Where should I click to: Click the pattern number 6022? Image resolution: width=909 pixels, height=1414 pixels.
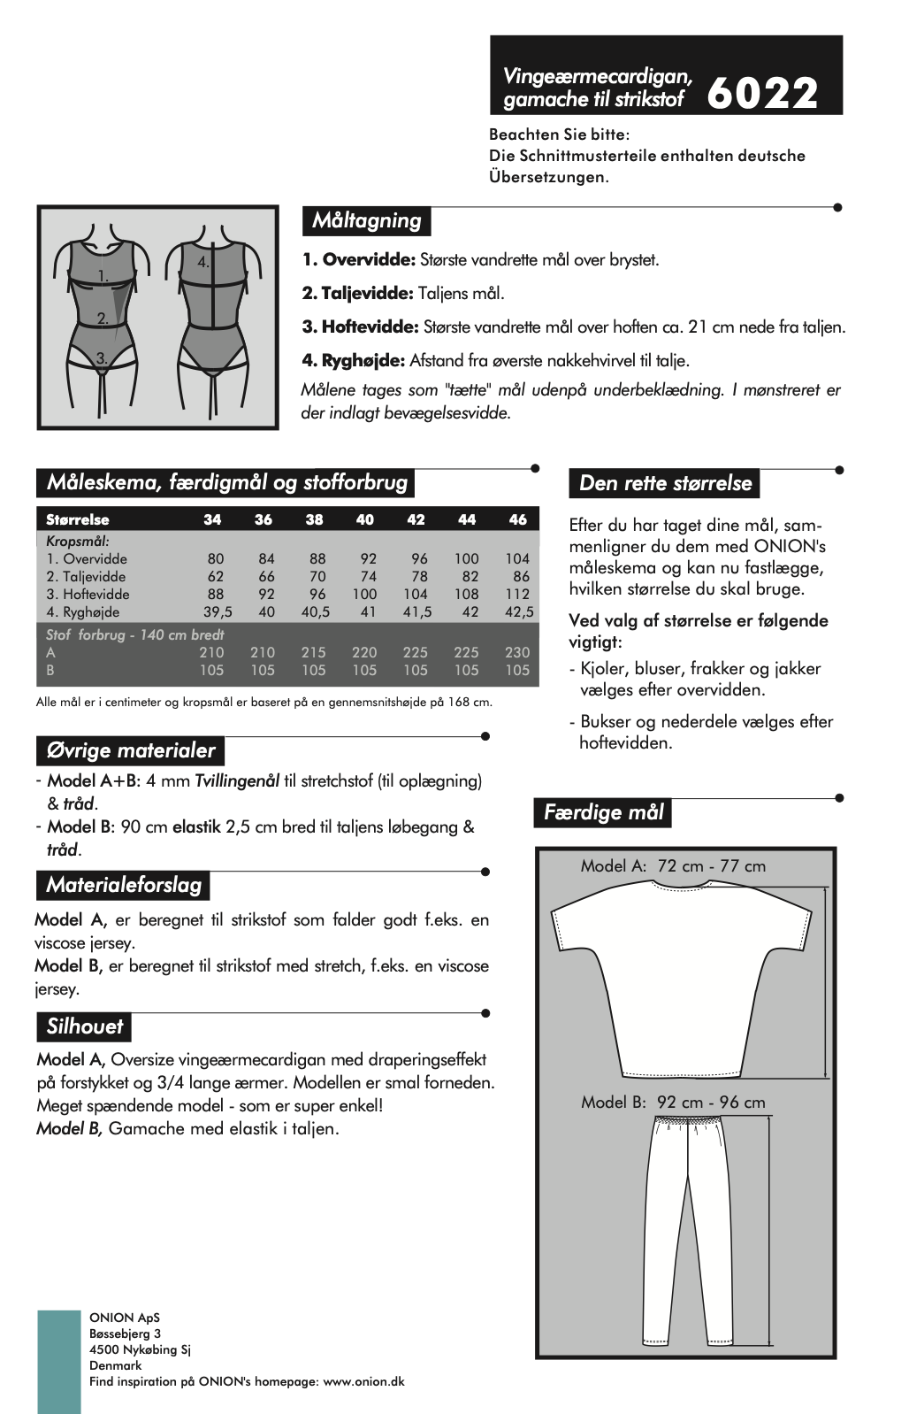pos(763,92)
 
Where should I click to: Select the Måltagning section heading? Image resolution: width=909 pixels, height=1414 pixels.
pos(366,220)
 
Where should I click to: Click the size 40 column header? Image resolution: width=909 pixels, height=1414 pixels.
pos(365,519)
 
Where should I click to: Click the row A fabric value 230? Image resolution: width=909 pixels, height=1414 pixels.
pos(517,652)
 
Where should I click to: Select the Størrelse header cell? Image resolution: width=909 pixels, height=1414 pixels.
pos(78,519)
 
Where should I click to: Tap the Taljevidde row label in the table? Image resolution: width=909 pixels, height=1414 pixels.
pos(87,576)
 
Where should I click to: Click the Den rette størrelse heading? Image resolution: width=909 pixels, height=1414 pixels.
pos(665,483)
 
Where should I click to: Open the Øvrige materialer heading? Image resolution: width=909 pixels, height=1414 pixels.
pos(130,750)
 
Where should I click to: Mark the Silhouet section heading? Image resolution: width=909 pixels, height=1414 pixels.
pos(85,1026)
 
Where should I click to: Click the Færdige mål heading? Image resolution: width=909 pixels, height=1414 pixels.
pos(603,811)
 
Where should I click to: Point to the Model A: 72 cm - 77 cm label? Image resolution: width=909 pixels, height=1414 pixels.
pos(673,865)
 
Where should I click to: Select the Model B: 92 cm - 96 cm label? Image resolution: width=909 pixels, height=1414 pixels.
pos(673,1102)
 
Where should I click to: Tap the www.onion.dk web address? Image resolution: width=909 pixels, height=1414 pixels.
pos(364,1381)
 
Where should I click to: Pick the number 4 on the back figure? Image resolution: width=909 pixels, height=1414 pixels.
pos(202,262)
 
